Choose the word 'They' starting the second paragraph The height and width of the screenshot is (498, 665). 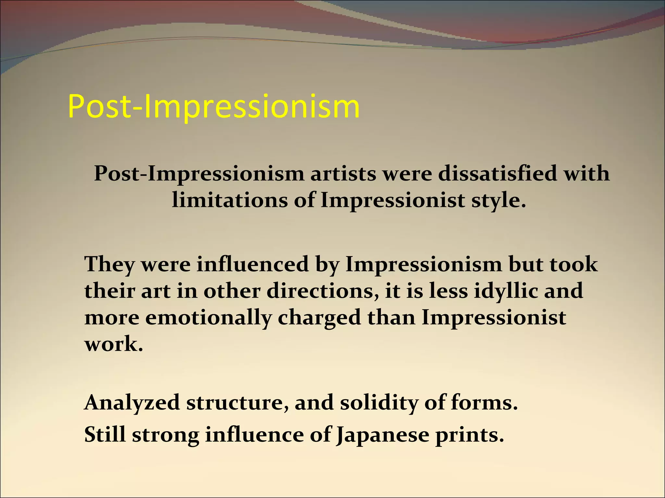[109, 265]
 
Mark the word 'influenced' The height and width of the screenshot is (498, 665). [252, 264]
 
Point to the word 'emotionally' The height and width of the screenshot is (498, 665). [208, 318]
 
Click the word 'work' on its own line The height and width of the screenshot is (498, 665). [113, 344]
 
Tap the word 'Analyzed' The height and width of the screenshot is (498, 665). [132, 403]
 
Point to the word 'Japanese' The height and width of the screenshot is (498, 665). [383, 435]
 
